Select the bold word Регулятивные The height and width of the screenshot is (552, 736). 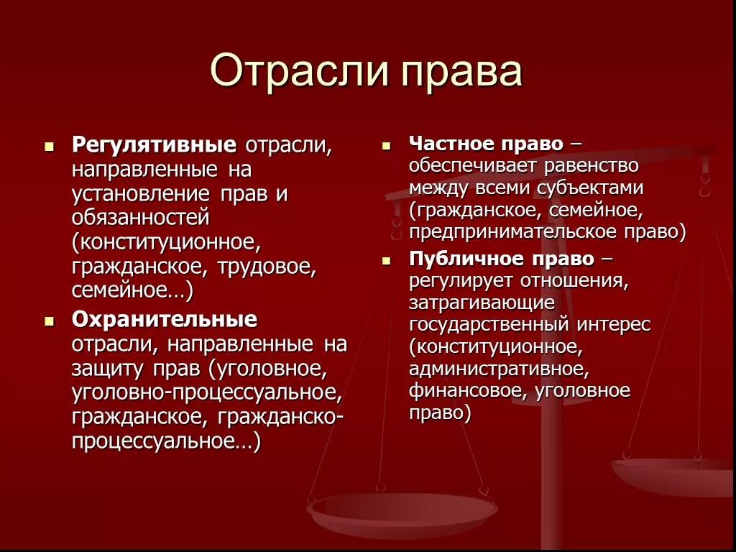coord(154,144)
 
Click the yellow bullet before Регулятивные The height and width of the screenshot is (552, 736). coord(49,146)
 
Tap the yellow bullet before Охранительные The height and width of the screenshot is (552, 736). coord(49,320)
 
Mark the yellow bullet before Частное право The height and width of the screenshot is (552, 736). coord(387,144)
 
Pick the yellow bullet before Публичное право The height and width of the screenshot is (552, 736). coord(387,260)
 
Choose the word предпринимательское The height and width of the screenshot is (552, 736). coord(525,232)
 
